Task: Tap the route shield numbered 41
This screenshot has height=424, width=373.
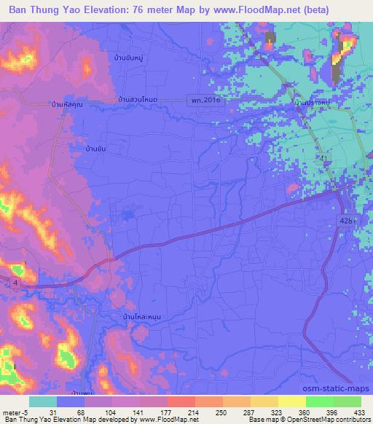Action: click(x=321, y=158)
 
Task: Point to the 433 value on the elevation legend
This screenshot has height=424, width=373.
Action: click(x=361, y=410)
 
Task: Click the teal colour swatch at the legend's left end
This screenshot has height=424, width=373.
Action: click(x=43, y=401)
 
